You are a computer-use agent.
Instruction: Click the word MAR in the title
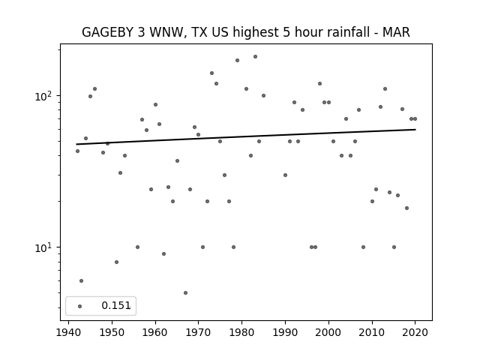point(395,32)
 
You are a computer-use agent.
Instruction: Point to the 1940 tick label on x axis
point(69,331)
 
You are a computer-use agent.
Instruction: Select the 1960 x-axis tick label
point(155,331)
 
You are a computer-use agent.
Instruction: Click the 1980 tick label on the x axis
point(241,331)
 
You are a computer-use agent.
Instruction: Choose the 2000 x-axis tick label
point(328,331)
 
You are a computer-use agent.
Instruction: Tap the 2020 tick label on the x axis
point(415,331)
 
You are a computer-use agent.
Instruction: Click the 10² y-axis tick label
point(45,96)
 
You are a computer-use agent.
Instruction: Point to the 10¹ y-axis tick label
point(45,247)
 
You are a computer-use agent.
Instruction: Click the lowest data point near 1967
point(185,292)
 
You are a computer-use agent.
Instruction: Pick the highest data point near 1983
point(255,56)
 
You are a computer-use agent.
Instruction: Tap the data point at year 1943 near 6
point(81,280)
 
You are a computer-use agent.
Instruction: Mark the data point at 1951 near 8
point(116,262)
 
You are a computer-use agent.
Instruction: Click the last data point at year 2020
point(415,118)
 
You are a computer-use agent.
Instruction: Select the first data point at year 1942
point(77,151)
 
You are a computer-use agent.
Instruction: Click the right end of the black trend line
point(415,130)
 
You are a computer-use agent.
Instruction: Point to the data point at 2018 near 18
point(406,208)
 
